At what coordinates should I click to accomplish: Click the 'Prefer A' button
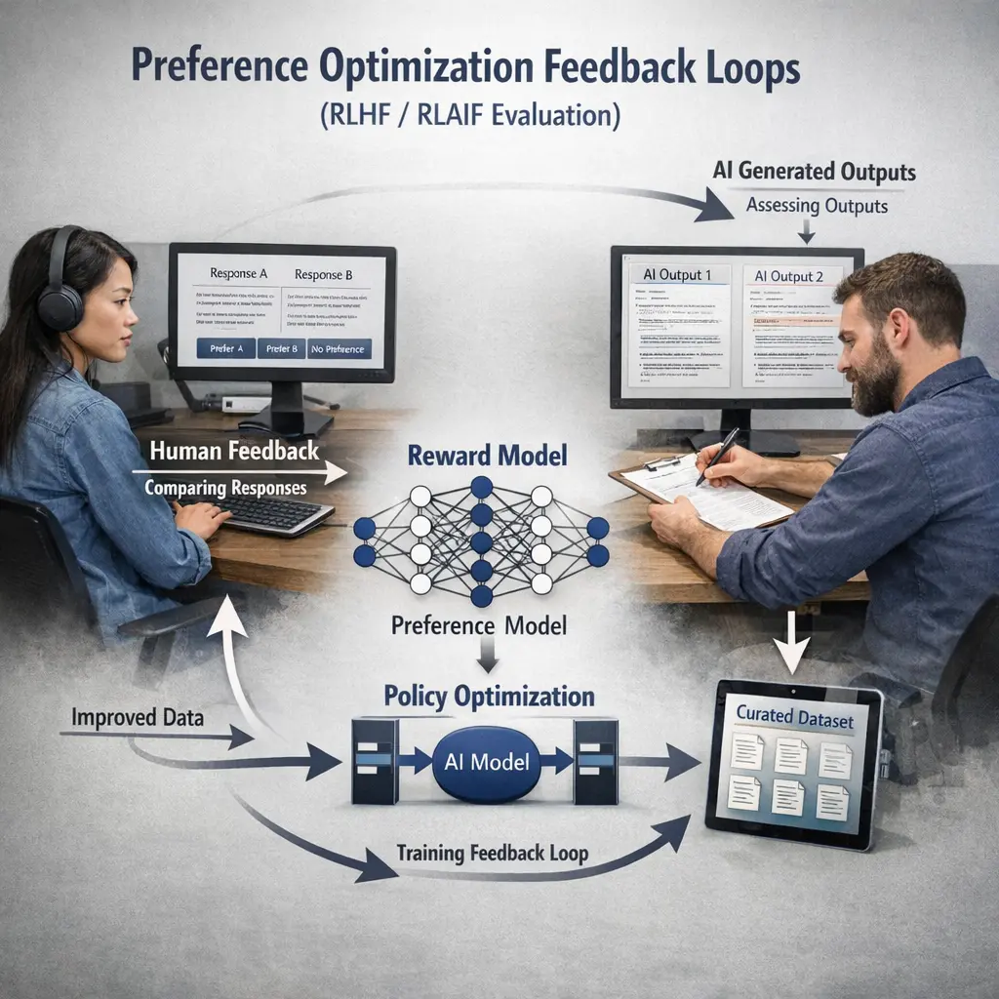click(224, 348)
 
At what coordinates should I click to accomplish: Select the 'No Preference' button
click(338, 348)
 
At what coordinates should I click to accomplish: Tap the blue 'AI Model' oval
click(486, 762)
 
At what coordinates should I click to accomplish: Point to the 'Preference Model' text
click(479, 624)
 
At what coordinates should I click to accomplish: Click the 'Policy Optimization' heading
click(489, 697)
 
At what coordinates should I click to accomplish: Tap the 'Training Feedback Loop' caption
click(492, 854)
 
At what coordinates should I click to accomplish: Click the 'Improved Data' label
click(138, 718)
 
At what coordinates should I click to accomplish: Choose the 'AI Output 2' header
click(789, 276)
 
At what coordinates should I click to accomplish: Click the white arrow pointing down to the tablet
click(792, 645)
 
